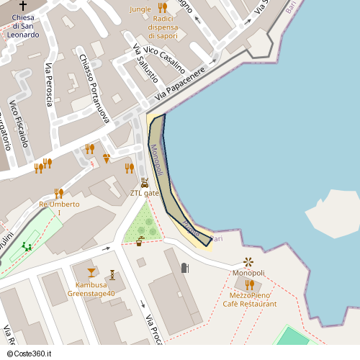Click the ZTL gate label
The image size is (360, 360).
tap(144, 193)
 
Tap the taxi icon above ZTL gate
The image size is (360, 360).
tap(145, 182)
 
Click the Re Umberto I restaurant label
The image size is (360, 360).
tap(59, 208)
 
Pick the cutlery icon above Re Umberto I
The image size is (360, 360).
tap(58, 193)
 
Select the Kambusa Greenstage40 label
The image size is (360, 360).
tap(91, 289)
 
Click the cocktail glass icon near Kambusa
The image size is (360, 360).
tap(91, 272)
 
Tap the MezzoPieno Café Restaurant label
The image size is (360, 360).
tap(250, 300)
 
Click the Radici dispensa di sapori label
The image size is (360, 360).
tap(163, 26)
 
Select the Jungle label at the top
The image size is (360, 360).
tap(140, 9)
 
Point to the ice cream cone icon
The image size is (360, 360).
tap(107, 158)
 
